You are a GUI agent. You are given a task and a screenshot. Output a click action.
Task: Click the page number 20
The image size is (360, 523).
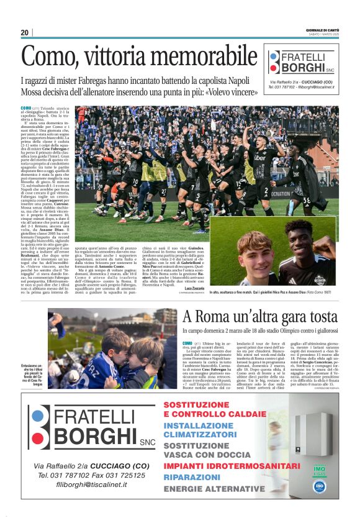click(x=25, y=33)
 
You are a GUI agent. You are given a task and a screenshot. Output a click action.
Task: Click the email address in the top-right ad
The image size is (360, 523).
click(x=315, y=88)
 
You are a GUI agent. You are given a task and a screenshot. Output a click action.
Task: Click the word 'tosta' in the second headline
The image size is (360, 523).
click(x=321, y=316)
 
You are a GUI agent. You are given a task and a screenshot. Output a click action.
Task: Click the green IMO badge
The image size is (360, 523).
click(x=319, y=463)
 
